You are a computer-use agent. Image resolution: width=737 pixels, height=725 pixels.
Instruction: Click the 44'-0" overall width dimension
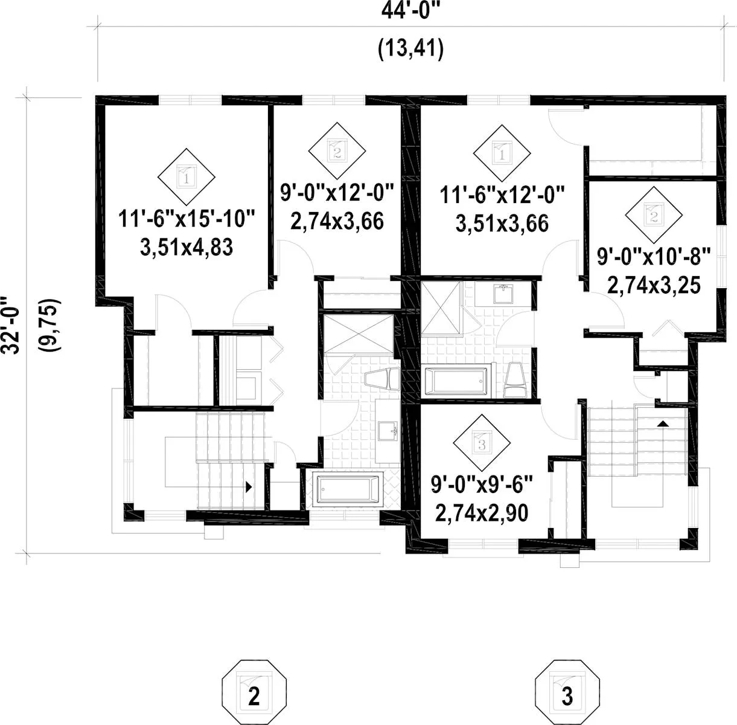pyautogui.click(x=411, y=11)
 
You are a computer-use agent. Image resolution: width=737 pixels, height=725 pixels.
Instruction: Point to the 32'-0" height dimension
pyautogui.click(x=11, y=325)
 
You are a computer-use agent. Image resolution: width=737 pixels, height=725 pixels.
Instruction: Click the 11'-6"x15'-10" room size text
pyautogui.click(x=187, y=219)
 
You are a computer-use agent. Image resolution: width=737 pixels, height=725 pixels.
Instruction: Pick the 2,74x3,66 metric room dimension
pyautogui.click(x=337, y=221)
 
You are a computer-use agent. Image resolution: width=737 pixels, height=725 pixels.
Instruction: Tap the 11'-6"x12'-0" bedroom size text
pyautogui.click(x=502, y=195)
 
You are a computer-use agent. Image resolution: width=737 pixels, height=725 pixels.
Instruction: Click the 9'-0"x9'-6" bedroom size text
pyautogui.click(x=482, y=485)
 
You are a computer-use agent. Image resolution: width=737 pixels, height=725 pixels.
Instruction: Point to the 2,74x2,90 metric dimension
pyautogui.click(x=482, y=513)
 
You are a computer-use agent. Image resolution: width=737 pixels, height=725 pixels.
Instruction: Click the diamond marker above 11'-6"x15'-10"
pyautogui.click(x=187, y=176)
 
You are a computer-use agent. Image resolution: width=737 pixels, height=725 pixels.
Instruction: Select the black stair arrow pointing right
pyautogui.click(x=249, y=487)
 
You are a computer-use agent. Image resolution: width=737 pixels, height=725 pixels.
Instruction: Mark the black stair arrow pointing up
pyautogui.click(x=663, y=424)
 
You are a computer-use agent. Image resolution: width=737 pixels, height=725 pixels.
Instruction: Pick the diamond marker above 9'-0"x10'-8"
pyautogui.click(x=654, y=215)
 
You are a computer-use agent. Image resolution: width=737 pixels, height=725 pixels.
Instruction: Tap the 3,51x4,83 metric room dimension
pyautogui.click(x=187, y=247)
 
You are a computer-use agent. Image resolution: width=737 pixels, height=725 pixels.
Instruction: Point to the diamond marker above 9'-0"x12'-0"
pyautogui.click(x=337, y=150)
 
